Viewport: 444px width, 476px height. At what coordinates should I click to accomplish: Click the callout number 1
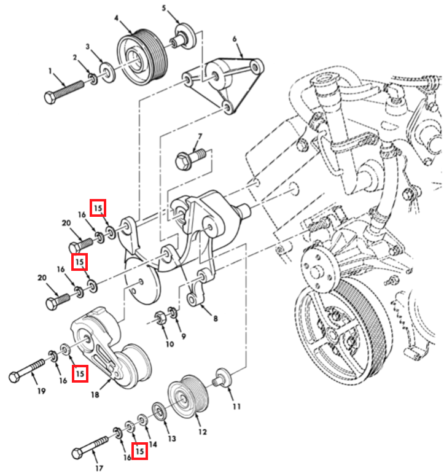50,71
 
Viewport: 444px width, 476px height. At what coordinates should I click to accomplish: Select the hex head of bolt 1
50,98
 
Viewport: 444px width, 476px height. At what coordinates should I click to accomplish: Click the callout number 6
235,39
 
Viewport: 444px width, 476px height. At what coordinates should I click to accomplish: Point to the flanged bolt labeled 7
190,158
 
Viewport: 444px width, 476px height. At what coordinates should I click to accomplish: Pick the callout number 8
216,318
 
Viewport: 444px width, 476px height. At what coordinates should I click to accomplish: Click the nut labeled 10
160,318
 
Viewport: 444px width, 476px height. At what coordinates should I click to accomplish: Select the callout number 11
236,406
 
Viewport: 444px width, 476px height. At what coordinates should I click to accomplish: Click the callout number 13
172,439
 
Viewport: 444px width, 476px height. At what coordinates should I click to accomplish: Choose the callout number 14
153,445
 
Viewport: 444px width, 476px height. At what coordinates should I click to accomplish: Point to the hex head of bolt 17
77,454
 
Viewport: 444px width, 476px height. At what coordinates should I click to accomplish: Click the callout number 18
95,395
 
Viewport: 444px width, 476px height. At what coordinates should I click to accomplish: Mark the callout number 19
41,391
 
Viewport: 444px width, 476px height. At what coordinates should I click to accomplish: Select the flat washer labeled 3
107,72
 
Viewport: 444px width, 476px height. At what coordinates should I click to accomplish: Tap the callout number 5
164,7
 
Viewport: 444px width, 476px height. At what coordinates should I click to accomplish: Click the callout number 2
75,57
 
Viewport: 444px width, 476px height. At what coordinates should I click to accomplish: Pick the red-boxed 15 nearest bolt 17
139,451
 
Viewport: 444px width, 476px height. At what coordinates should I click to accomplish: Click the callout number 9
183,337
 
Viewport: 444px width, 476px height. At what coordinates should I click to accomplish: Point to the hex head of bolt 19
14,377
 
